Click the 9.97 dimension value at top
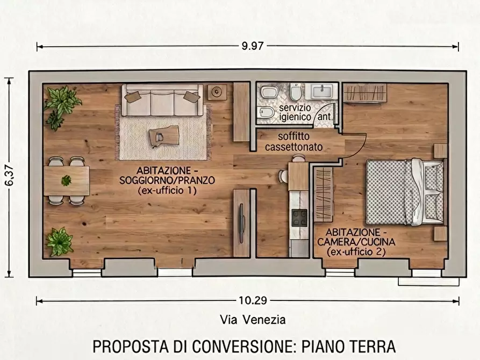[252, 46]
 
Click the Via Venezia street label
[253, 320]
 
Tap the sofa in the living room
[162, 100]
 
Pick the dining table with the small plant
[66, 181]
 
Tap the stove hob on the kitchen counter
[299, 217]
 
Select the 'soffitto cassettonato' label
[293, 141]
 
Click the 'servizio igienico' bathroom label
[295, 112]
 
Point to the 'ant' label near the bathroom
[324, 116]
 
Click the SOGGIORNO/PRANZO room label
[167, 180]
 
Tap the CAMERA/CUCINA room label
[355, 241]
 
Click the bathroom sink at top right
[324, 91]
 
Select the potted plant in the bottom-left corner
[60, 241]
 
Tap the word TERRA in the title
[373, 345]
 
